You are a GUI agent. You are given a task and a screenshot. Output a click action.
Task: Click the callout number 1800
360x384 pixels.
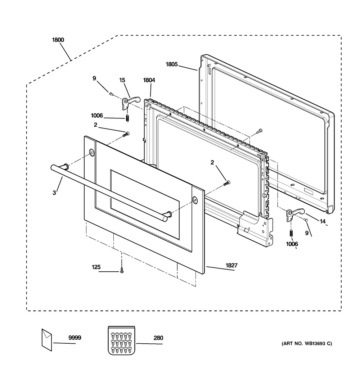[58, 40]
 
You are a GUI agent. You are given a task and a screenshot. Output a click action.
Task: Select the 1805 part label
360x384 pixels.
[172, 64]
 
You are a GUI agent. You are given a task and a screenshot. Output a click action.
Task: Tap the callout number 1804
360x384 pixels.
[149, 80]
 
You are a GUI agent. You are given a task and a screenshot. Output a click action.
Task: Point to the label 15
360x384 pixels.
[122, 80]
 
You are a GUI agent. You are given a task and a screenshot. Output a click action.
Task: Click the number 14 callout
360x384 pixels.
[323, 221]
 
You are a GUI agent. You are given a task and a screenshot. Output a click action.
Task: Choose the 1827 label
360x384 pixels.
[231, 265]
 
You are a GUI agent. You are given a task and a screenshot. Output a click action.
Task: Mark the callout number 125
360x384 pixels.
[96, 267]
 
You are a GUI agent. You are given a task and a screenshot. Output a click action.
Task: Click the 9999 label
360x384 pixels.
[75, 338]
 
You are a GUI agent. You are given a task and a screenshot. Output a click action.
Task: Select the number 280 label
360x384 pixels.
[158, 338]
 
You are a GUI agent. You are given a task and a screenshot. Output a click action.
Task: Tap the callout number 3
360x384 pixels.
[54, 193]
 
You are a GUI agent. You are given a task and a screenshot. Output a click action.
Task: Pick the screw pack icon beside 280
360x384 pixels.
[121, 340]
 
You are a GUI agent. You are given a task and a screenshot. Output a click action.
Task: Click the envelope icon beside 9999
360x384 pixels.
[47, 340]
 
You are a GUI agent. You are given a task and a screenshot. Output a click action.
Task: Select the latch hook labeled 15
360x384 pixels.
[131, 101]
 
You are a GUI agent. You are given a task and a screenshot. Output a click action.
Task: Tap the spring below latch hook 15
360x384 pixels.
[127, 118]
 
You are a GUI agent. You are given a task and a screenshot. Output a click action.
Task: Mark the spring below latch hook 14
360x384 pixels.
[291, 233]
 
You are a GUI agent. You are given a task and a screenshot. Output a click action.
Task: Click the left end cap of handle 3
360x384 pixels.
[53, 167]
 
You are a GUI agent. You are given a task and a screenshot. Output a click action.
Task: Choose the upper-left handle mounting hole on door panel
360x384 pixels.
[91, 152]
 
